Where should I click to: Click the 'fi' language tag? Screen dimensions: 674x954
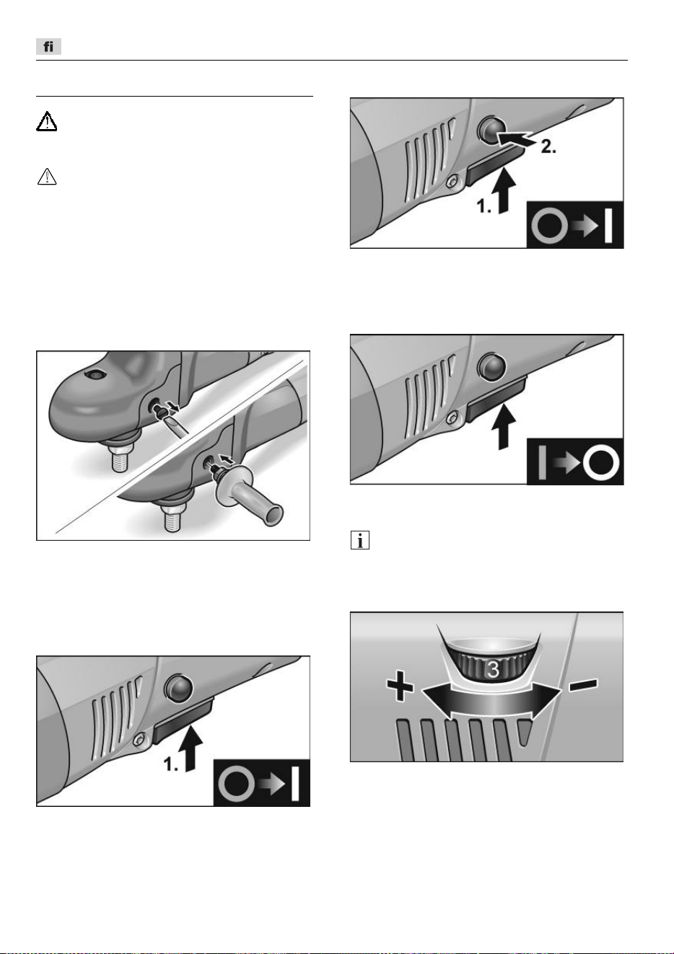[x=48, y=46]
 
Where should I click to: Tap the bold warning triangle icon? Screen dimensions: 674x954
[x=46, y=121]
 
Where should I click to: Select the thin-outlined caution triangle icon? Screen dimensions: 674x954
[x=47, y=177]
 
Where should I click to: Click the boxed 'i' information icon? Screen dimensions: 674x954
[x=360, y=540]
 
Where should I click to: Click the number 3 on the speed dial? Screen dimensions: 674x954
[x=493, y=669]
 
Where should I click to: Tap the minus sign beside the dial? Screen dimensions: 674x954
[x=583, y=684]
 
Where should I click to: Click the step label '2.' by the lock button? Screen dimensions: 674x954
[x=548, y=147]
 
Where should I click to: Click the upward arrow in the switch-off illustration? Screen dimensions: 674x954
[x=504, y=426]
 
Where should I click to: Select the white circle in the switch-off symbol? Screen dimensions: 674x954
[x=601, y=463]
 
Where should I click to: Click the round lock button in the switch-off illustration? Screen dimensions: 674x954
[x=492, y=367]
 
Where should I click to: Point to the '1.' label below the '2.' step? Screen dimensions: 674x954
[x=484, y=206]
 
